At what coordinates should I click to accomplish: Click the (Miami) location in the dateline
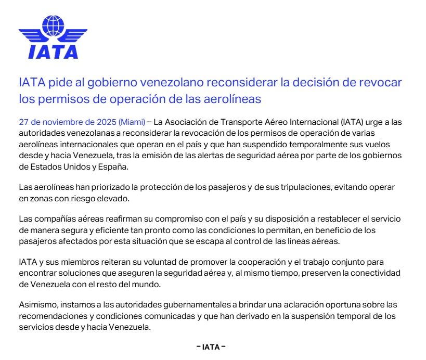pyautogui.click(x=132, y=123)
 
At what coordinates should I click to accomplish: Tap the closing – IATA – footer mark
pyautogui.click(x=211, y=347)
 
